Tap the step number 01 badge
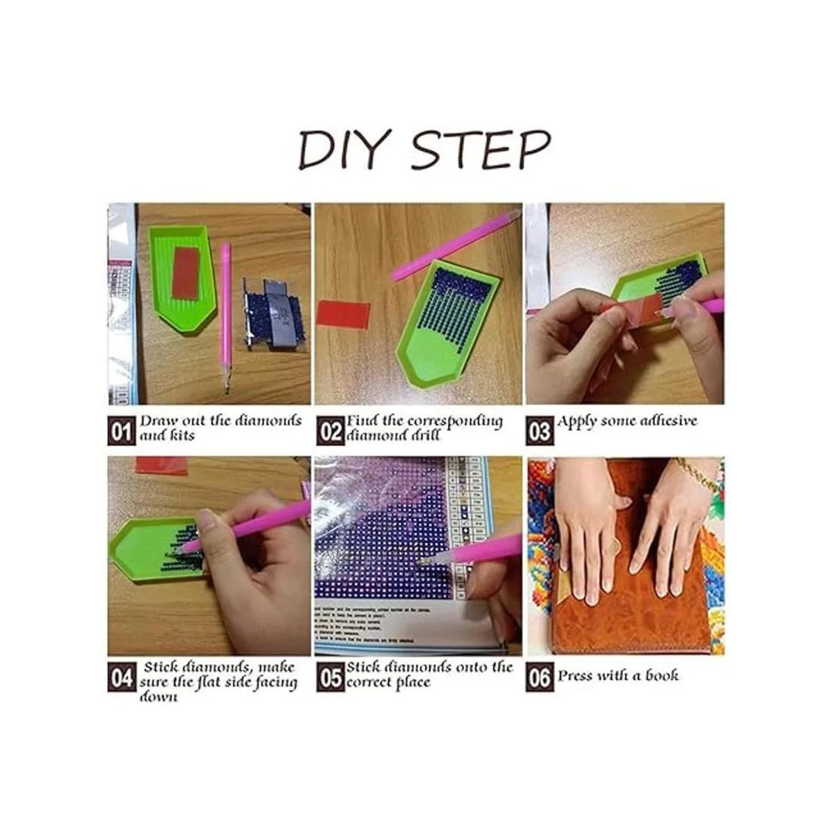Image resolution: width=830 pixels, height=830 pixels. (121, 432)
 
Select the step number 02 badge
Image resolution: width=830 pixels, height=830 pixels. (331, 432)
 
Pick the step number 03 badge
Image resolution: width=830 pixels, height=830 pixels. (539, 432)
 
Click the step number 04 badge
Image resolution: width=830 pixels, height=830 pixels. (121, 679)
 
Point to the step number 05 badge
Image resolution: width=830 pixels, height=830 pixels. (331, 679)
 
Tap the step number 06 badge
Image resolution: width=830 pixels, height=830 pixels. (539, 679)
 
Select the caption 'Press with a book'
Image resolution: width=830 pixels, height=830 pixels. (618, 676)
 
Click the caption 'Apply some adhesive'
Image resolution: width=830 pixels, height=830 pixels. (627, 421)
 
